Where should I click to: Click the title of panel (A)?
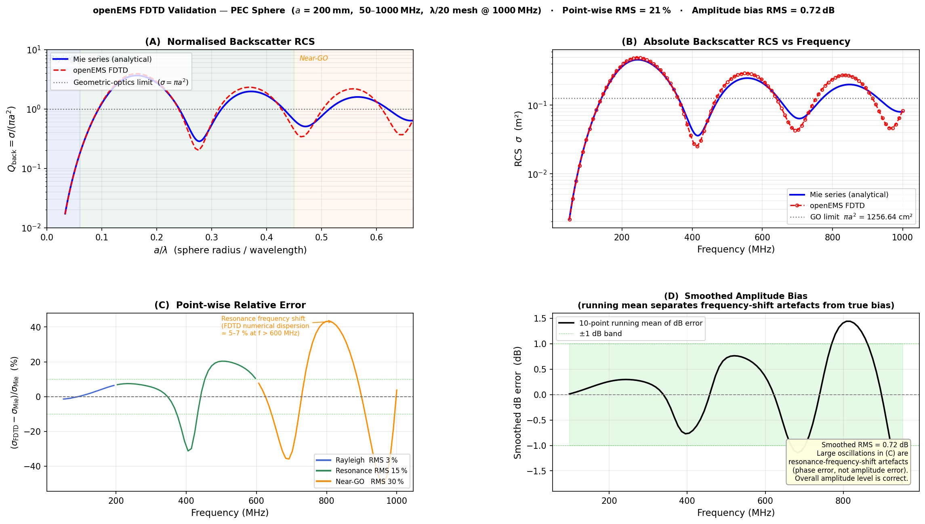coord(230,42)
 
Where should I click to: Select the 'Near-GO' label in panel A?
coord(313,58)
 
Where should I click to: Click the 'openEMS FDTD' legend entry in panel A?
coord(100,70)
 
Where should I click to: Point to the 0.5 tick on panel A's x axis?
coord(322,237)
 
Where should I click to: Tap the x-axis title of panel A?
coord(230,250)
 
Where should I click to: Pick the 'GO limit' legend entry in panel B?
coord(861,217)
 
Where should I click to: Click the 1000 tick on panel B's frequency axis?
coord(902,237)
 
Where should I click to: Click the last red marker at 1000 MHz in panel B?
coord(903,111)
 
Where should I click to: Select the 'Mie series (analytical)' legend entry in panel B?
coord(849,195)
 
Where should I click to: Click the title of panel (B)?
coord(736,42)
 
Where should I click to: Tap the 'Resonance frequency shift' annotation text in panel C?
coord(263,319)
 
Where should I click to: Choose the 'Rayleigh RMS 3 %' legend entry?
coord(366,460)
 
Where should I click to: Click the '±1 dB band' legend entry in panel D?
coord(600,334)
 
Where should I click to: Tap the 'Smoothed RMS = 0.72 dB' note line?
coord(864,445)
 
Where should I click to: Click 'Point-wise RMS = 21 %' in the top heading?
coord(616,11)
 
